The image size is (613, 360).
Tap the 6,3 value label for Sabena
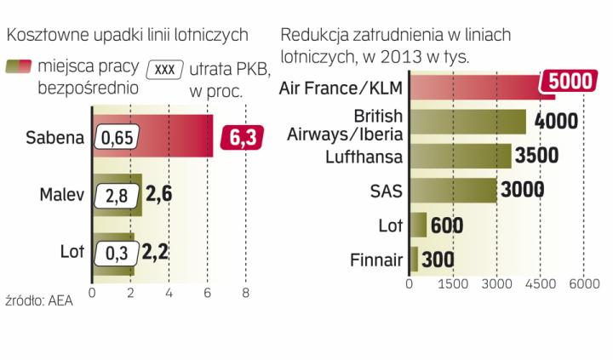coord(241,136)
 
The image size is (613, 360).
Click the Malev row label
coord(61,195)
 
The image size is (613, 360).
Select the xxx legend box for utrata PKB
coord(166,68)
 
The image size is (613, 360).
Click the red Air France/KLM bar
coord(477,86)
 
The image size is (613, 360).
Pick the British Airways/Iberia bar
coord(468,122)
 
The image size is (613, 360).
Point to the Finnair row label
coord(375,260)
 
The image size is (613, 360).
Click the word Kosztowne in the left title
coord(42,35)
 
